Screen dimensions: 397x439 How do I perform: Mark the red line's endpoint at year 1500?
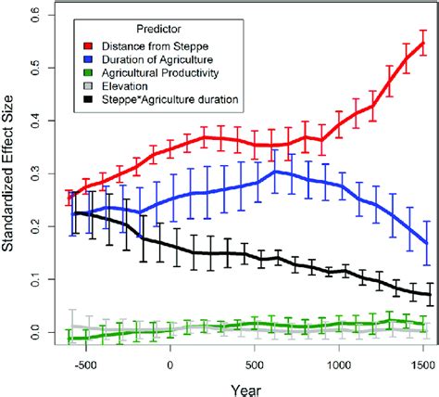424,43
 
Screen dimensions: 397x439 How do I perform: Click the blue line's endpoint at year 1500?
424,243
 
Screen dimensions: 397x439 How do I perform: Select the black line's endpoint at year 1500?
428,294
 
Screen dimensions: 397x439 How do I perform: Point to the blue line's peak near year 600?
275,172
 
